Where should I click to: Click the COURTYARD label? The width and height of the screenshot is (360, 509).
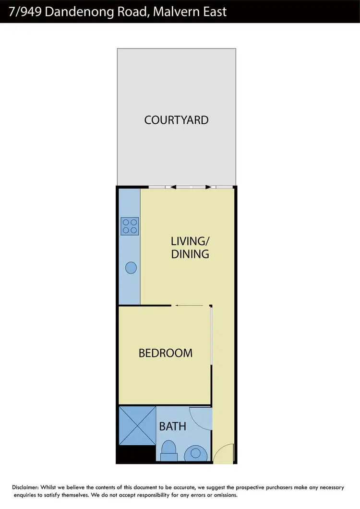click(x=176, y=119)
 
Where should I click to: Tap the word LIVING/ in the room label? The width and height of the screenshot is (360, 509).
click(x=190, y=240)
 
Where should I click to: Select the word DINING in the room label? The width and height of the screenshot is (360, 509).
click(x=190, y=254)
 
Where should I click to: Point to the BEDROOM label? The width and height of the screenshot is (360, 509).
click(x=165, y=353)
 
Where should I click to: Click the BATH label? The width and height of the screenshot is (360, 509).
click(x=172, y=426)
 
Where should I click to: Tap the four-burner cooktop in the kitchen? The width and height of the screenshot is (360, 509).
click(x=130, y=226)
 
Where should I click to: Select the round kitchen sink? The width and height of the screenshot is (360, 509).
click(x=131, y=268)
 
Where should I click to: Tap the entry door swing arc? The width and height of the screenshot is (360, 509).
click(x=224, y=453)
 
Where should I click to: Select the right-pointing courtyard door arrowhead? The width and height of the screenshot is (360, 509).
click(x=207, y=187)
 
